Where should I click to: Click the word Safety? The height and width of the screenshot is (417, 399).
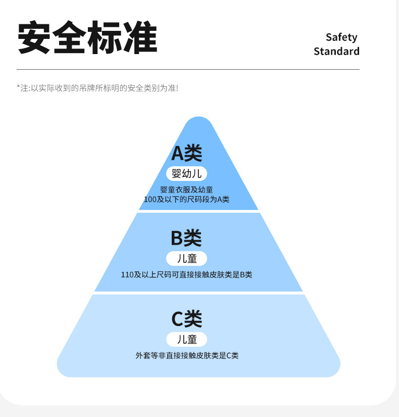pos(341,37)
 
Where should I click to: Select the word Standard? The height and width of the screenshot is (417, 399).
pos(336,51)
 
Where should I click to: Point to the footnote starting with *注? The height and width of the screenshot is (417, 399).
pos(97,88)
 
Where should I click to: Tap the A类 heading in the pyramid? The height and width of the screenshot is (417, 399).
pos(186,153)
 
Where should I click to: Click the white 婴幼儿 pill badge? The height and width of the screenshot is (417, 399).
pos(186,174)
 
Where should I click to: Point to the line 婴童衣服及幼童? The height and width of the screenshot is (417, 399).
pos(186,190)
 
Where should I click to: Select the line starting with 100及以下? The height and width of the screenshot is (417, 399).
pos(186,199)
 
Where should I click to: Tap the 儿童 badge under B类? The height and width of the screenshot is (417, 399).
pos(186,258)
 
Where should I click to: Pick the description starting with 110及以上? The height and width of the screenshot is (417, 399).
pos(186,275)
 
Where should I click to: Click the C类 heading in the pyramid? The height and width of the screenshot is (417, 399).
pos(186,318)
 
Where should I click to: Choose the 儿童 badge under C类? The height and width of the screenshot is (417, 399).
pos(186,339)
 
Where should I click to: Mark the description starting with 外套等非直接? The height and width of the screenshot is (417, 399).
pos(186,355)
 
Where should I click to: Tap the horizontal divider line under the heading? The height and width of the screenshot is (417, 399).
pos(188,69)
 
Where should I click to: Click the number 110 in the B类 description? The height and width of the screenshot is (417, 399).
pos(127,275)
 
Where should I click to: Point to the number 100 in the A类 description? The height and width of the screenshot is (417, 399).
pos(150,199)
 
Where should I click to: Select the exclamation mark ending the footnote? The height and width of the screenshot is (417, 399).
pos(177,88)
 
